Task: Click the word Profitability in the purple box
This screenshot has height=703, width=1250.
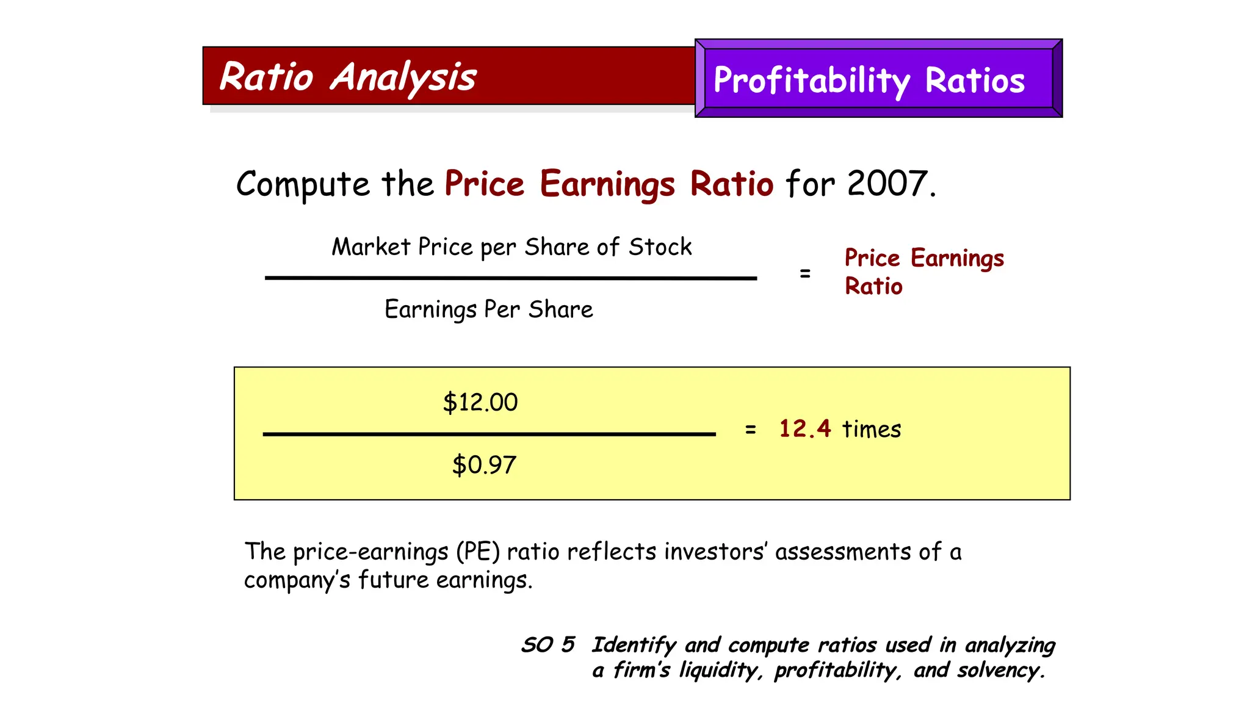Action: point(811,81)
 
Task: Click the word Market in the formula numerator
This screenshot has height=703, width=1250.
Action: point(370,247)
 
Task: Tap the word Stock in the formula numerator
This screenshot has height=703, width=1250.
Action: point(660,247)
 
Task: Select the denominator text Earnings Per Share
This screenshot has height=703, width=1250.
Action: point(488,309)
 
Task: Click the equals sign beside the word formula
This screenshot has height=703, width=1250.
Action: point(805,274)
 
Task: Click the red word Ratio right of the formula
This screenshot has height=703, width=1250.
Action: point(873,286)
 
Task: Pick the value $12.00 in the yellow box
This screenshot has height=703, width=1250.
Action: point(480,403)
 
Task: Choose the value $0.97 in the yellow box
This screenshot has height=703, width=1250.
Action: point(484,465)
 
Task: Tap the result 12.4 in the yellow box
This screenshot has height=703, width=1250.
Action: point(804,428)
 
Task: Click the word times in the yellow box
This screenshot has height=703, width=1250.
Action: point(871,430)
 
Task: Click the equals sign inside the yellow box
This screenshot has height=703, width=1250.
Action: point(750,430)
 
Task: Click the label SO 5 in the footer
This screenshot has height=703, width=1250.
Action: point(547,644)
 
